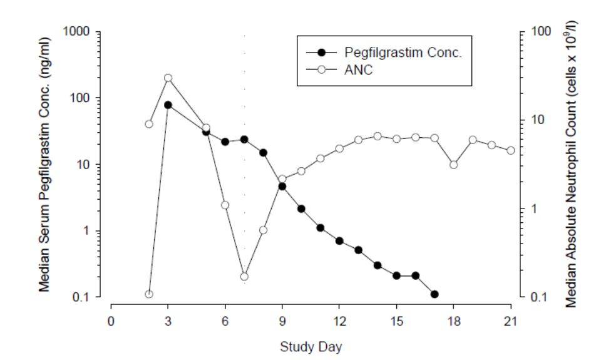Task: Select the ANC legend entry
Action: click(x=359, y=69)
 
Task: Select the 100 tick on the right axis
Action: click(x=540, y=31)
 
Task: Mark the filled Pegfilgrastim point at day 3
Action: click(x=168, y=105)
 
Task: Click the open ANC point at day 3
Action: click(x=168, y=78)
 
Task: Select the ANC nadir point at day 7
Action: click(x=244, y=276)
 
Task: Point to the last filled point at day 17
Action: click(x=434, y=294)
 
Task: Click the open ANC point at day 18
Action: click(x=454, y=165)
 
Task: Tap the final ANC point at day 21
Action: click(x=511, y=150)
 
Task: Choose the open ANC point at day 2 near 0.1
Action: click(x=149, y=294)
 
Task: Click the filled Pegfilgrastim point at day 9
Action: click(x=282, y=186)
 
